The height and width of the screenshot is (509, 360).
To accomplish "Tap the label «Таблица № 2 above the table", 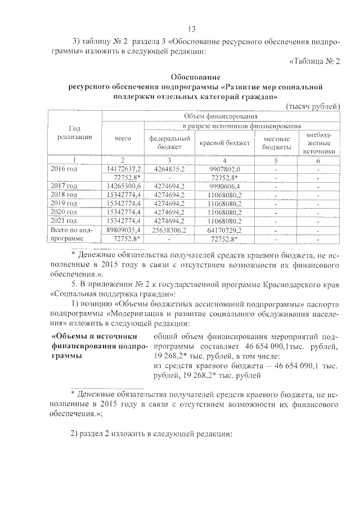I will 314,62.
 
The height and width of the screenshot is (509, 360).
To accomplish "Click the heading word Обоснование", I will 195,76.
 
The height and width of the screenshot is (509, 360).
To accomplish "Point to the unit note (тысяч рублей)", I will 313,106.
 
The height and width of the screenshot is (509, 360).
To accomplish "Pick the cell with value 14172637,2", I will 123,169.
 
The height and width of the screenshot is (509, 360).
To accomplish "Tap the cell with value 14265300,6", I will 123,186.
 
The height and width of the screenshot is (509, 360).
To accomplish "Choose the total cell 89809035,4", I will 123,230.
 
